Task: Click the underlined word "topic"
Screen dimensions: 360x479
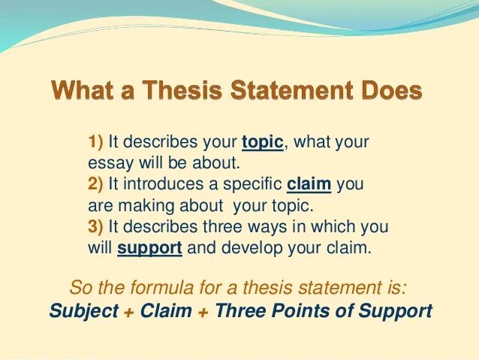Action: (x=262, y=141)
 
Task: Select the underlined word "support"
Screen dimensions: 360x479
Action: (x=150, y=249)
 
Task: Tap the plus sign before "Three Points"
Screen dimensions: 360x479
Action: (x=203, y=311)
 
